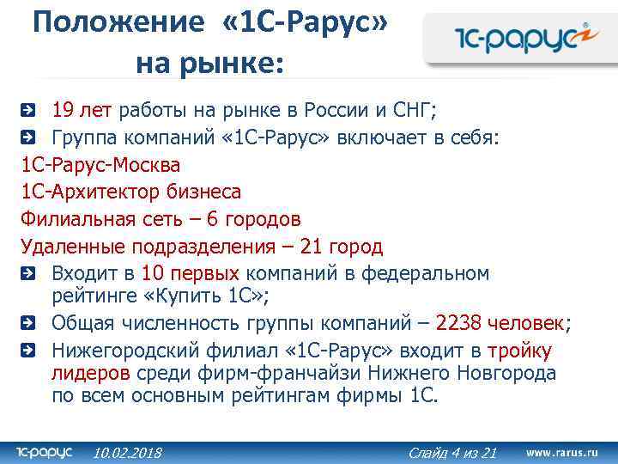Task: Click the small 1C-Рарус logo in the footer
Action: [45, 451]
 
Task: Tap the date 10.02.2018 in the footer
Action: [127, 452]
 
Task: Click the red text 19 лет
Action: [82, 110]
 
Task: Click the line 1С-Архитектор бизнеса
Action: [130, 192]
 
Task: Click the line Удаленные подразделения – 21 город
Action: [202, 247]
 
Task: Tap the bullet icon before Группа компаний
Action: [28, 137]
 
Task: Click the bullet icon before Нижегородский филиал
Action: [28, 351]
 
